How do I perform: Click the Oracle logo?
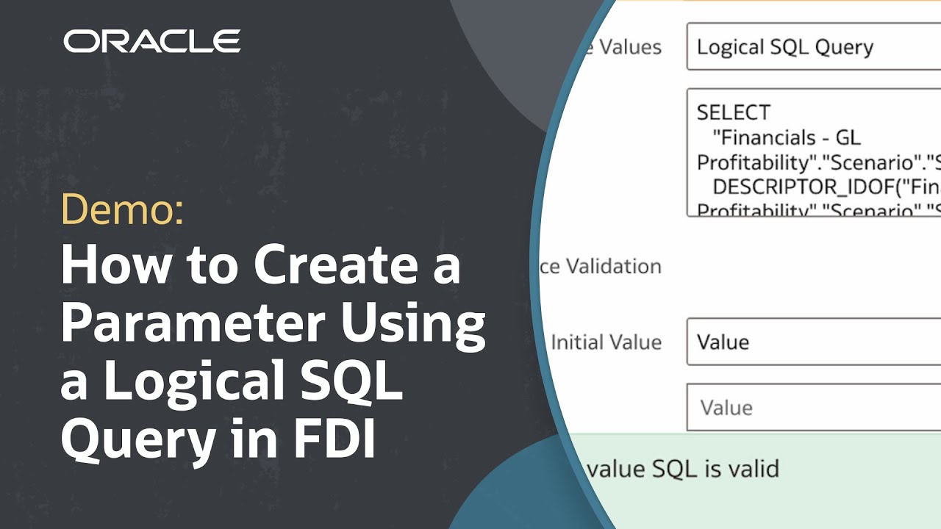[152, 41]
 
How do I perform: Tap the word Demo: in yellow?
[122, 212]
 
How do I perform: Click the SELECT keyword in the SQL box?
[733, 112]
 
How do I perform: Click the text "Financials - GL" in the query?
[787, 137]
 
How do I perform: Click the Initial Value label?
[607, 342]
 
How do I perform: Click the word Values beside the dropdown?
[629, 47]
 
